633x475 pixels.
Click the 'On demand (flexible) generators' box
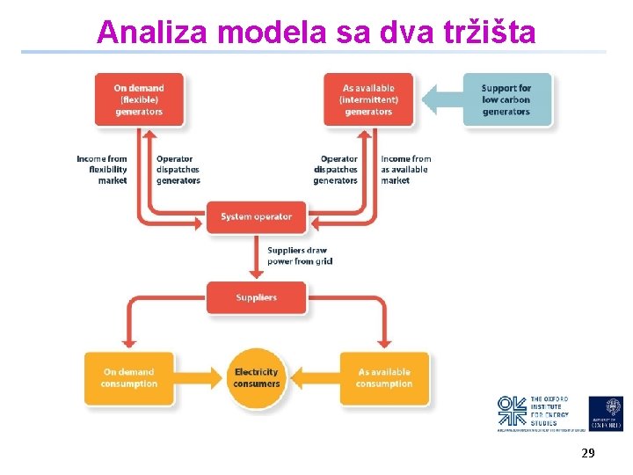(139, 99)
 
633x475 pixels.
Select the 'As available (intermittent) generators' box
(368, 99)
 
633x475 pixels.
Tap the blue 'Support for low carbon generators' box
(506, 99)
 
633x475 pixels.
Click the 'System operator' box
(257, 216)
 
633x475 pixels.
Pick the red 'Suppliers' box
(257, 297)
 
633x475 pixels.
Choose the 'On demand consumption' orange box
(128, 378)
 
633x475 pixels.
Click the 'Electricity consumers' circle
(257, 378)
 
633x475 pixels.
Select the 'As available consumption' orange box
(385, 378)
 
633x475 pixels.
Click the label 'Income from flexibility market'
(103, 170)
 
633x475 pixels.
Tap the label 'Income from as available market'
(405, 170)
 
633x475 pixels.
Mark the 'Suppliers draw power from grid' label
(299, 256)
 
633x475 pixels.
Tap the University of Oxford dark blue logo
(606, 413)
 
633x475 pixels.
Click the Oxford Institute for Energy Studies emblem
(512, 412)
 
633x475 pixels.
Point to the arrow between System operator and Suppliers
(257, 257)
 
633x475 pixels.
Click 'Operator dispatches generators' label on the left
(178, 170)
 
